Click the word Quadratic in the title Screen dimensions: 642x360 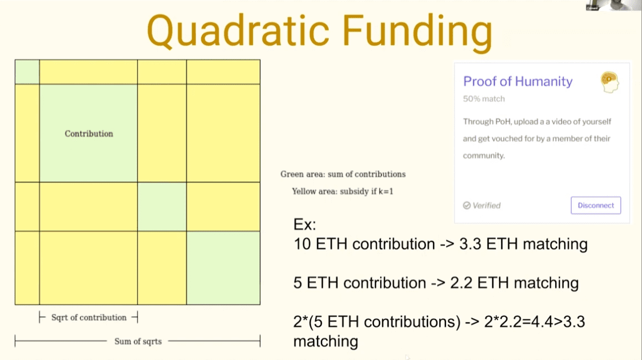point(238,32)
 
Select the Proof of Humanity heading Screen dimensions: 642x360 point(518,81)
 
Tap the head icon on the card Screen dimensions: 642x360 point(610,82)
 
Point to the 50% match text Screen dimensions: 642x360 point(484,99)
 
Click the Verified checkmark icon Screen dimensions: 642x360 point(467,205)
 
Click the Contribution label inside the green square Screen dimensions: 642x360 point(89,134)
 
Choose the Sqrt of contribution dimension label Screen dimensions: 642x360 point(89,317)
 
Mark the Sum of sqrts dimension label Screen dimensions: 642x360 point(138,341)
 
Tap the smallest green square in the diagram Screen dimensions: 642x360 point(27,72)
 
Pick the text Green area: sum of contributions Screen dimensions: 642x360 point(343,174)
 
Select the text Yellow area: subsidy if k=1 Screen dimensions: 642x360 point(343,191)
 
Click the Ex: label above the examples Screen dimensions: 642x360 point(305,224)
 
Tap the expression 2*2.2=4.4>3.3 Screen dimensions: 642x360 point(535,322)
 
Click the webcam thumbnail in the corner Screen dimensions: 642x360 point(613,5)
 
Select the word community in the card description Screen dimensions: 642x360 point(483,155)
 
